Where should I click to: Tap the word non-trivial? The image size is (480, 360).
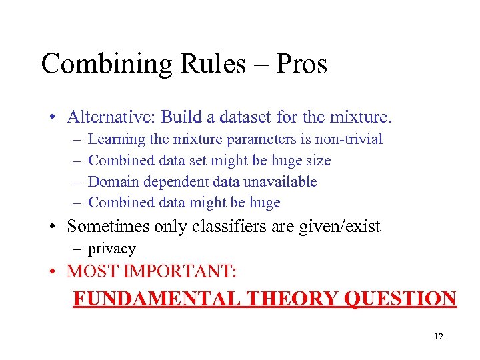tap(348, 139)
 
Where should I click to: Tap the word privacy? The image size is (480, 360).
tap(112, 249)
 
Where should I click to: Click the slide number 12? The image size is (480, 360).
tap(438, 337)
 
